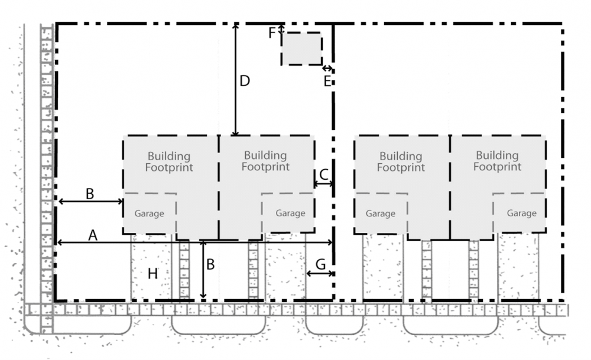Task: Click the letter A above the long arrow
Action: pos(92,235)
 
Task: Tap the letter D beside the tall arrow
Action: pos(245,81)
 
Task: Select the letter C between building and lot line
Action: pos(324,174)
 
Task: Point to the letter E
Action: pos(327,82)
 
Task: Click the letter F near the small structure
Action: pos(272,33)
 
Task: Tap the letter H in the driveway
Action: pos(152,273)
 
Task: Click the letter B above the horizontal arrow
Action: pos(90,193)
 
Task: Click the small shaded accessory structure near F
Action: pos(301,49)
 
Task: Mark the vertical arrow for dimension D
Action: pos(235,80)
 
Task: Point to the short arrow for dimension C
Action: pos(323,184)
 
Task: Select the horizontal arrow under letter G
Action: pos(320,273)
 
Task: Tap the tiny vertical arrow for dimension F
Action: pos(281,28)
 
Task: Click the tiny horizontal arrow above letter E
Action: pos(327,69)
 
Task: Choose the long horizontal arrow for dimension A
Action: pos(195,242)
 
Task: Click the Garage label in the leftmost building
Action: pos(148,213)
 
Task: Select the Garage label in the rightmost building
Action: pos(521,213)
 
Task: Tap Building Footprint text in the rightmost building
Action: pos(497,161)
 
